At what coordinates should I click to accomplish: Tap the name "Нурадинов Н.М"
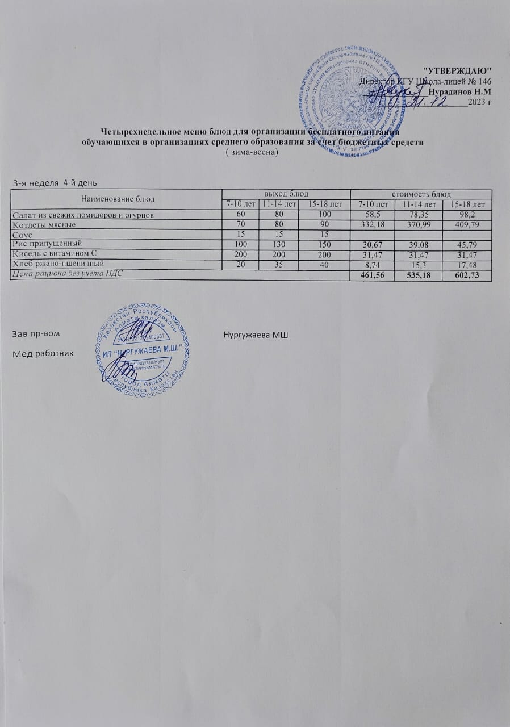pos(460,91)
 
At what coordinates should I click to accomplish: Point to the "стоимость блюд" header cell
pos(421,194)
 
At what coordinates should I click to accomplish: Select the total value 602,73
pos(469,274)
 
